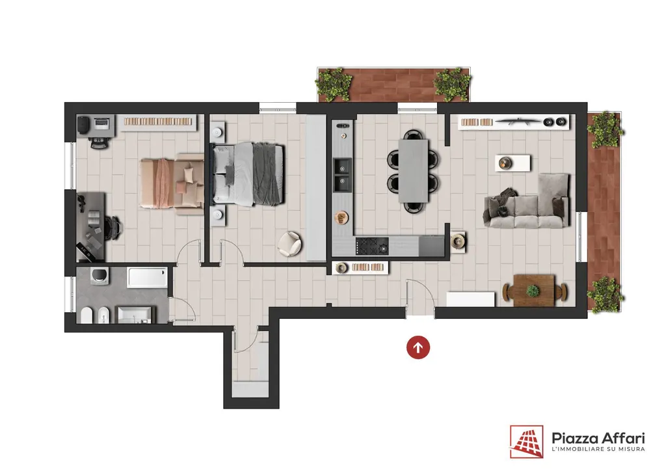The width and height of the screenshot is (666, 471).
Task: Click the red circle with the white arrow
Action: click(x=418, y=347)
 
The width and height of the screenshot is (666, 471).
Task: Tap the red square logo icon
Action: click(x=526, y=442)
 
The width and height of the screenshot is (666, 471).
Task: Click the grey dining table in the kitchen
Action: click(x=413, y=170)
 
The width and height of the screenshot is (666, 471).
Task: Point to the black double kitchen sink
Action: click(x=342, y=175)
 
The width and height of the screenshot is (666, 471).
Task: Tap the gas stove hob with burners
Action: click(x=372, y=247)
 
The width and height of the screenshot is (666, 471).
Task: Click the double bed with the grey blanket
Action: click(x=248, y=174)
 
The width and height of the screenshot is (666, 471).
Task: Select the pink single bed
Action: click(x=172, y=183)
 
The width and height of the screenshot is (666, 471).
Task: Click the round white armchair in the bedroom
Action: click(x=289, y=244)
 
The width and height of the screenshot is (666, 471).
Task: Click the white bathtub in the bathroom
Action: click(x=148, y=278)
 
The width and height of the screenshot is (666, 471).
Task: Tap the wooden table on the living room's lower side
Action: click(x=534, y=291)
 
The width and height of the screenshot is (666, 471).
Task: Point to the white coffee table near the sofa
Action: click(x=513, y=163)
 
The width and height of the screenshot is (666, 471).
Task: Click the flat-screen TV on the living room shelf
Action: click(x=518, y=122)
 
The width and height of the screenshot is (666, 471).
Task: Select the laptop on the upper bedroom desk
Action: click(x=101, y=124)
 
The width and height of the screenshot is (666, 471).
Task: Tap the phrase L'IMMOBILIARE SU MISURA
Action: click(x=598, y=449)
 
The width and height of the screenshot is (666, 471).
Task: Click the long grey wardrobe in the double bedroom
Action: click(x=316, y=188)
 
